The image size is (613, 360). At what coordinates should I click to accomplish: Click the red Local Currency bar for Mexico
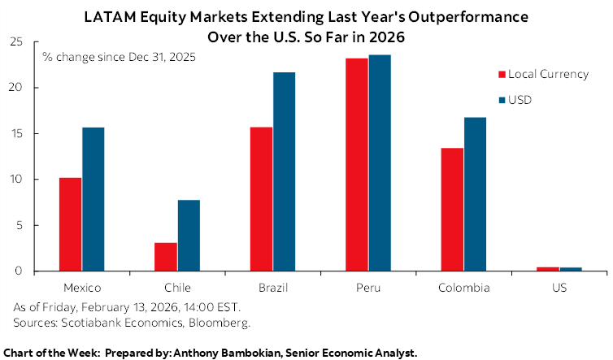(70, 224)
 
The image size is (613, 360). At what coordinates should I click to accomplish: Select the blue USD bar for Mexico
(93, 199)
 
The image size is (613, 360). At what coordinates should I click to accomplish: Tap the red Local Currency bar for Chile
(166, 257)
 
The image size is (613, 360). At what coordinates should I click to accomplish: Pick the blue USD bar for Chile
(189, 236)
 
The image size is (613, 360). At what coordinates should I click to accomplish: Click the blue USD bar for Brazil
(284, 171)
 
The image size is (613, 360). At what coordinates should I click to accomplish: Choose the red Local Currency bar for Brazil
(261, 199)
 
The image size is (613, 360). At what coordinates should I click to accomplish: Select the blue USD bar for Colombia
(475, 194)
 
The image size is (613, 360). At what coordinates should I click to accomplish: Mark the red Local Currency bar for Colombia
(452, 210)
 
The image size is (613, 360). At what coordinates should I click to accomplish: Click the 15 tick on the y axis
(17, 133)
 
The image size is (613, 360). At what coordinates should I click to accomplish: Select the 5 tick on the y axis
(20, 225)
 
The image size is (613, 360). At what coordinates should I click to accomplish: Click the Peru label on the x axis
(368, 288)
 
